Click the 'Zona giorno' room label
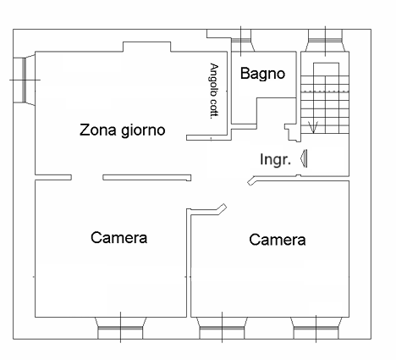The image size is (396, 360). (122, 130)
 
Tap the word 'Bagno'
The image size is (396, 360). (262, 74)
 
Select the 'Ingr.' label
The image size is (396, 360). (276, 158)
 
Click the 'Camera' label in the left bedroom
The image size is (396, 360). (119, 237)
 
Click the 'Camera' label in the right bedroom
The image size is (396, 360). (278, 240)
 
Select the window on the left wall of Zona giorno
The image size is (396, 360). (25, 79)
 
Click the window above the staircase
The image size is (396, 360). (322, 41)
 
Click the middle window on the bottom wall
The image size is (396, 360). (221, 324)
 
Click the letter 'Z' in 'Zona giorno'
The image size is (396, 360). (85, 130)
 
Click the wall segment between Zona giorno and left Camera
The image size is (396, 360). (146, 178)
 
